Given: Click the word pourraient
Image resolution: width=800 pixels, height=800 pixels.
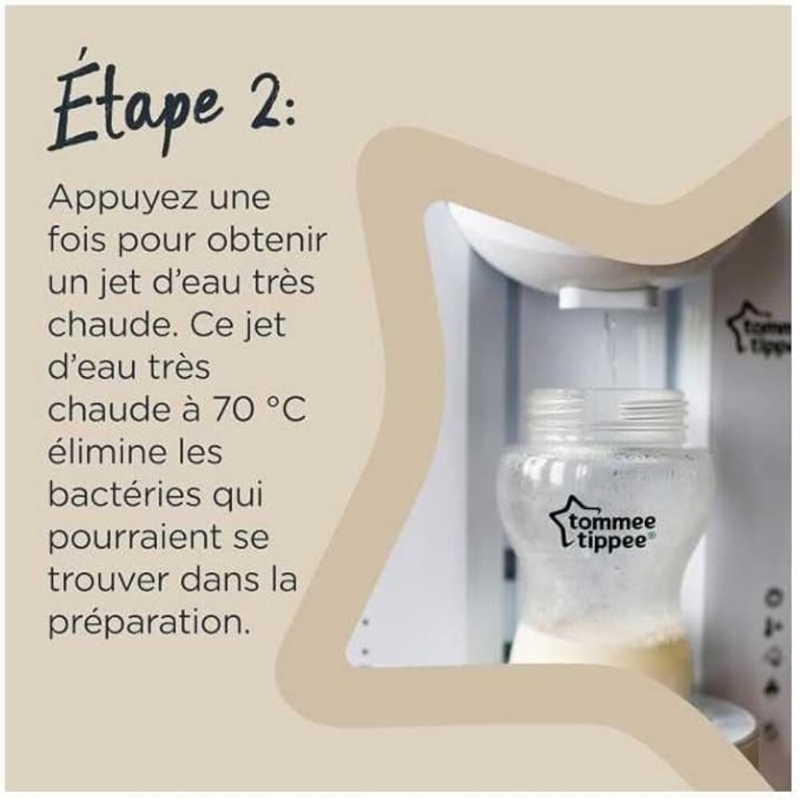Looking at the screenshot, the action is [130, 539].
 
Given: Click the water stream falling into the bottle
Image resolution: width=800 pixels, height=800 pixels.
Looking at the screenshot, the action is [609, 351].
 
